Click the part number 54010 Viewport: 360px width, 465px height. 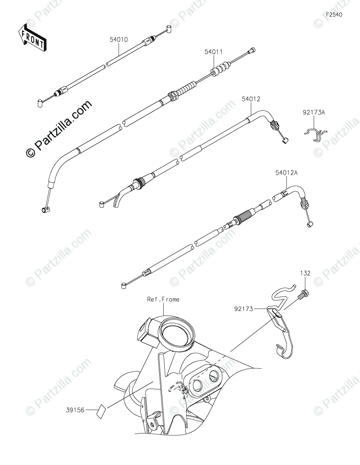pyautogui.click(x=119, y=40)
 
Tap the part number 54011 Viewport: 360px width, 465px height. pyautogui.click(x=214, y=52)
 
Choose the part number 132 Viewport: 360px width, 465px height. pyautogui.click(x=306, y=273)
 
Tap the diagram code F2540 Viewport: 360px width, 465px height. pyautogui.click(x=334, y=14)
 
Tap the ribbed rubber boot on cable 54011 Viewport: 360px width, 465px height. pyautogui.click(x=220, y=71)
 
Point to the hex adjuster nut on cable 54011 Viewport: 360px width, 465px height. pyautogui.click(x=172, y=95)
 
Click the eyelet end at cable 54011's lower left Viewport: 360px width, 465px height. pyautogui.click(x=45, y=209)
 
